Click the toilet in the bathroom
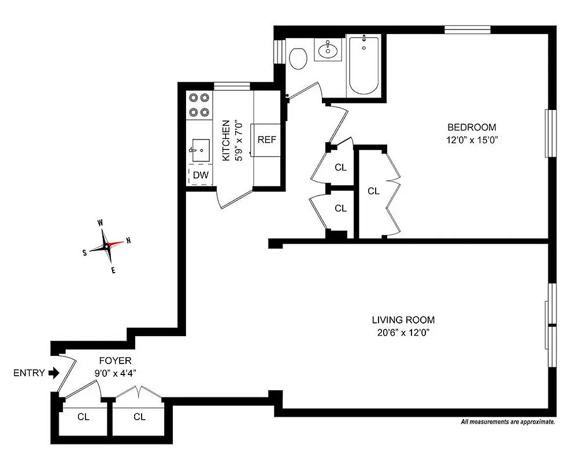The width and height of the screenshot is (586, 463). pos(298,58)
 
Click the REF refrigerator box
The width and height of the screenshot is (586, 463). pos(266,139)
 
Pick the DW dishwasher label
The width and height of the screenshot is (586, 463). pos(201,175)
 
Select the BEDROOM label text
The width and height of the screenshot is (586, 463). pos(472,127)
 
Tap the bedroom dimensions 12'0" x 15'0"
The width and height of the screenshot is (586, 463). pos(472,139)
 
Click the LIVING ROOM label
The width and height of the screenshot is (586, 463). pos(403,320)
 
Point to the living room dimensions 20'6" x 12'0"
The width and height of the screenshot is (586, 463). pos(403,332)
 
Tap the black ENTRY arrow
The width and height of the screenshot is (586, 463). pos(54,373)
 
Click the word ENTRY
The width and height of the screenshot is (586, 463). pos(29,373)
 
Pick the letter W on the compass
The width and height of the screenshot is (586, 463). pos(100,223)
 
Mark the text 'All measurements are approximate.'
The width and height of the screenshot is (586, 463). pos(507,422)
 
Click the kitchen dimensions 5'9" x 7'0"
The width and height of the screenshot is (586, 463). pos(239,141)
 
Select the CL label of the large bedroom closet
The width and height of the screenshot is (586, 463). pos(373,190)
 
